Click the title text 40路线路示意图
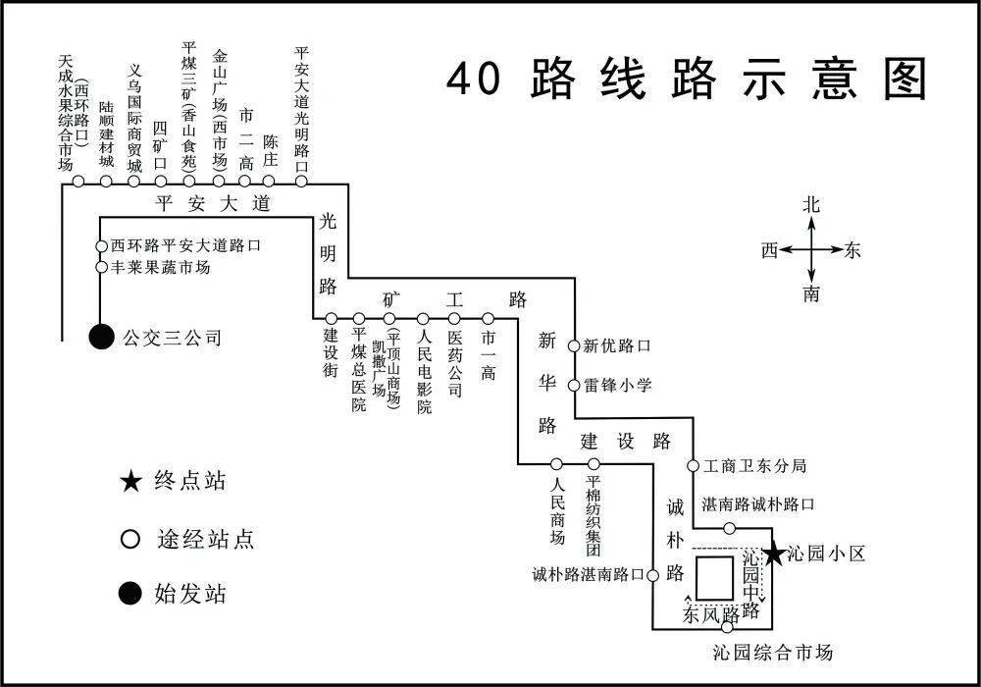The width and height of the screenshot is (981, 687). tap(687, 78)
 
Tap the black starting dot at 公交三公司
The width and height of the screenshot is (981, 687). tap(100, 337)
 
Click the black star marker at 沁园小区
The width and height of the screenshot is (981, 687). tap(773, 555)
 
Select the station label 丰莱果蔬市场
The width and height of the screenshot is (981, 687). tap(160, 267)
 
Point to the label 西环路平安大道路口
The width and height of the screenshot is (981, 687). tap(185, 245)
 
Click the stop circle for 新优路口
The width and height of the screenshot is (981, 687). tap(574, 345)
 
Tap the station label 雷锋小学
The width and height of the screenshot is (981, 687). tap(617, 385)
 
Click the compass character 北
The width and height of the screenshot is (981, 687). tap(811, 205)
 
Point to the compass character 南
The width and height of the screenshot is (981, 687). tap(811, 293)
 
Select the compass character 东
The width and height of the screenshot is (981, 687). tap(852, 250)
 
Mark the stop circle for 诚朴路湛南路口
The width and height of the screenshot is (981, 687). tap(650, 575)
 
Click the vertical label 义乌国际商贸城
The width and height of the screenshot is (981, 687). tap(135, 118)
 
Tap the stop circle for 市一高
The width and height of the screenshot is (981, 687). tap(489, 319)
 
